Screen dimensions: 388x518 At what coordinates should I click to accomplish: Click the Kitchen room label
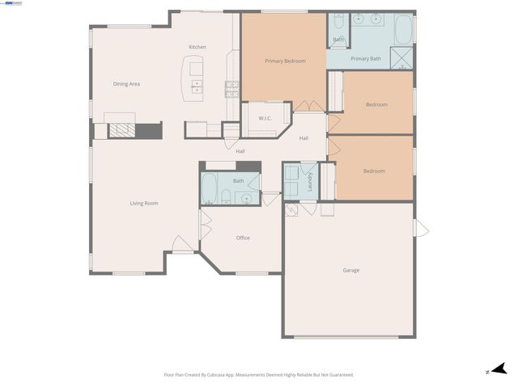point(197,47)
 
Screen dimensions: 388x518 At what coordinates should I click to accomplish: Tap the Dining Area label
point(126,83)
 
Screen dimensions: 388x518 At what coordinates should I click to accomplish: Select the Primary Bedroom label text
point(285,61)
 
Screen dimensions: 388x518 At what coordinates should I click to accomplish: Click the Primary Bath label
point(365,58)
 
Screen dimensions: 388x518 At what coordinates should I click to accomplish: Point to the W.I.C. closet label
point(265,118)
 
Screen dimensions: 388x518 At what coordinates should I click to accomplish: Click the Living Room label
point(144,203)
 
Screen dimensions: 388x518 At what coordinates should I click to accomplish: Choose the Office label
point(243,238)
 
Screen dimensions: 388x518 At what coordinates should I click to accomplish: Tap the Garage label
point(350,270)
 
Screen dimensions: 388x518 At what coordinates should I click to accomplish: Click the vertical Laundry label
point(310,182)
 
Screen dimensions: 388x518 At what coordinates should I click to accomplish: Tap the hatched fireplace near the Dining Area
point(121,130)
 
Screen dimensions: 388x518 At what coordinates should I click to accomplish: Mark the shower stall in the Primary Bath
point(401,57)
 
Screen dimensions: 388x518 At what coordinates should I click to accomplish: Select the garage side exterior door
point(421,228)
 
